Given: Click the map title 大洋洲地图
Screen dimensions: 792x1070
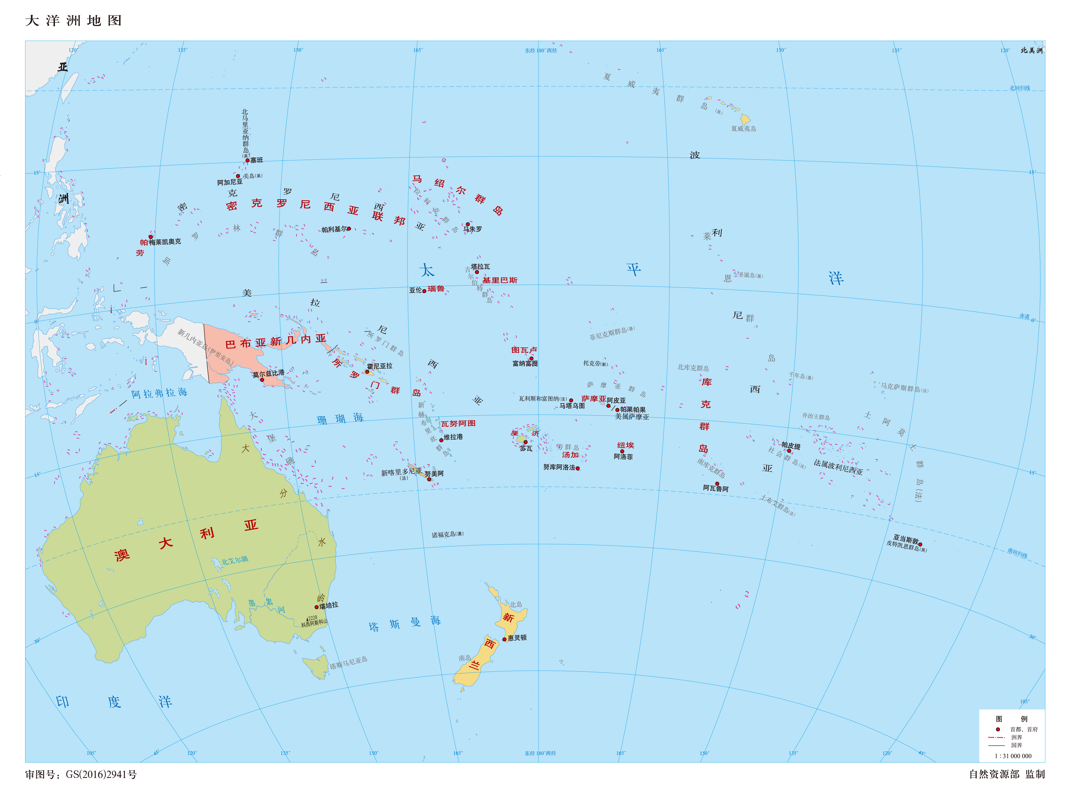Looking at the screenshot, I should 73,21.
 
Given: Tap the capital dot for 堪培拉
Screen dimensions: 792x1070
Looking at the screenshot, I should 317,607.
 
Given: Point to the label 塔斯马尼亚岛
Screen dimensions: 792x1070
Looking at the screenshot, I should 348,663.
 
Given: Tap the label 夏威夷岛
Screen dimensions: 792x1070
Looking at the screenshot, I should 743,129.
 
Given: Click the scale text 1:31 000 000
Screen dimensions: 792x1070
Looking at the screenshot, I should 1013,756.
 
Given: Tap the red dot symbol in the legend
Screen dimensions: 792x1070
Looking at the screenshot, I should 998,729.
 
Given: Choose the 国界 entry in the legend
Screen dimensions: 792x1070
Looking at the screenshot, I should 1016,745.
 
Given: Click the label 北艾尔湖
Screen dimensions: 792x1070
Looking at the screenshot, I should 234,560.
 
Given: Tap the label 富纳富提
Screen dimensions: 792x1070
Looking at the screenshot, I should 525,363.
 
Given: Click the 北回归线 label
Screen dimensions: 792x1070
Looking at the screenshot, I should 1020,88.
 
